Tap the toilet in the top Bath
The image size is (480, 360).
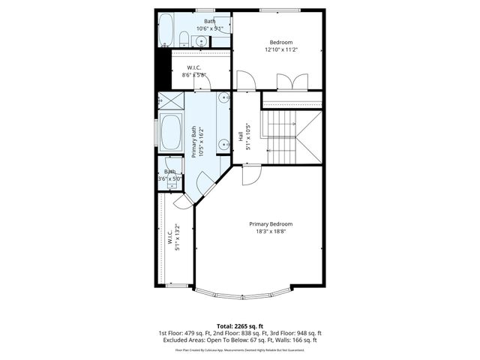pos(184,38)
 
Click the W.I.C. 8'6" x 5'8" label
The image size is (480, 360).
pos(193,71)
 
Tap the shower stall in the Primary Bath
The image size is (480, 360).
pos(171,101)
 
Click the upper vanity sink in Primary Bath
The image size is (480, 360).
pos(223,98)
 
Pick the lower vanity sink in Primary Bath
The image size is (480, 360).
pos(223,143)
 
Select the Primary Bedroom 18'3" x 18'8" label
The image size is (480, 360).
pos(271,228)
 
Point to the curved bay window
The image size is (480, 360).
pos(241,295)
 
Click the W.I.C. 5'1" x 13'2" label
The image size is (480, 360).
pos(174,237)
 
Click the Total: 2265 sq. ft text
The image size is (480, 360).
pos(239,325)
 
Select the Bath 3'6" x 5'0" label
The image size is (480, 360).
pos(170,175)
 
